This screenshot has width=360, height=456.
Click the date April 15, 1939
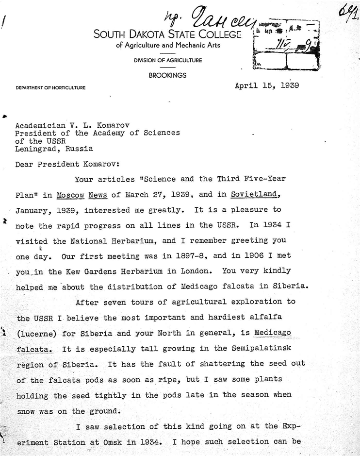[x=266, y=85]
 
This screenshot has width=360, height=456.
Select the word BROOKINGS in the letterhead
[x=168, y=75]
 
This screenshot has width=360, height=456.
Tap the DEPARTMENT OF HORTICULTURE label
[x=50, y=88]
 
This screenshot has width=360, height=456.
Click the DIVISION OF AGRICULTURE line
[x=168, y=60]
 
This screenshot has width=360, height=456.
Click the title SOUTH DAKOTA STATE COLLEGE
[x=168, y=34]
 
